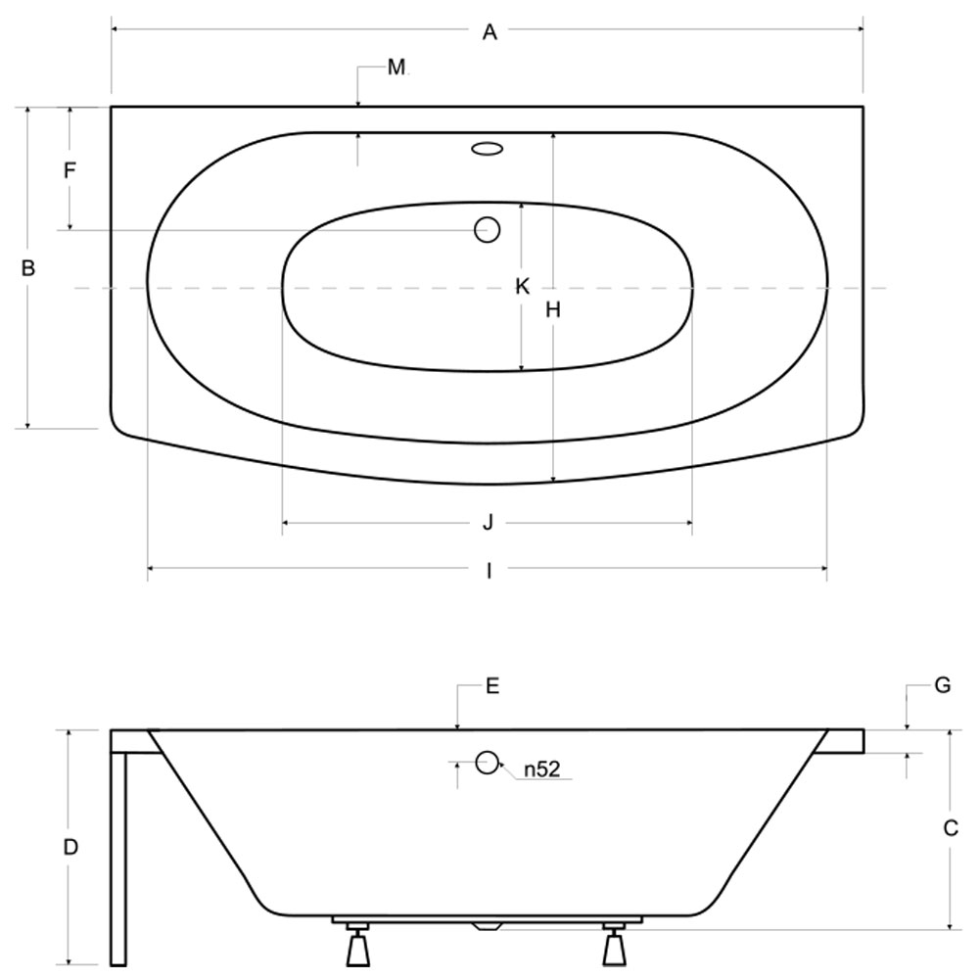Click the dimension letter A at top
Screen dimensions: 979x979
489,32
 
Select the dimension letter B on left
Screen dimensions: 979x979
28,268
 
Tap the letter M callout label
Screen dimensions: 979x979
396,67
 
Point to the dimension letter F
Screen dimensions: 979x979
70,169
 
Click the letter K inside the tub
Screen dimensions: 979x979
523,287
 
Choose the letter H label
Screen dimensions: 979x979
553,309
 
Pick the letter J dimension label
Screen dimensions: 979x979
489,522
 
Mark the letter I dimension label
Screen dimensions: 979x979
489,570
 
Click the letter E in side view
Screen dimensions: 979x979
492,686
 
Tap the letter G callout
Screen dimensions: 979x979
942,685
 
